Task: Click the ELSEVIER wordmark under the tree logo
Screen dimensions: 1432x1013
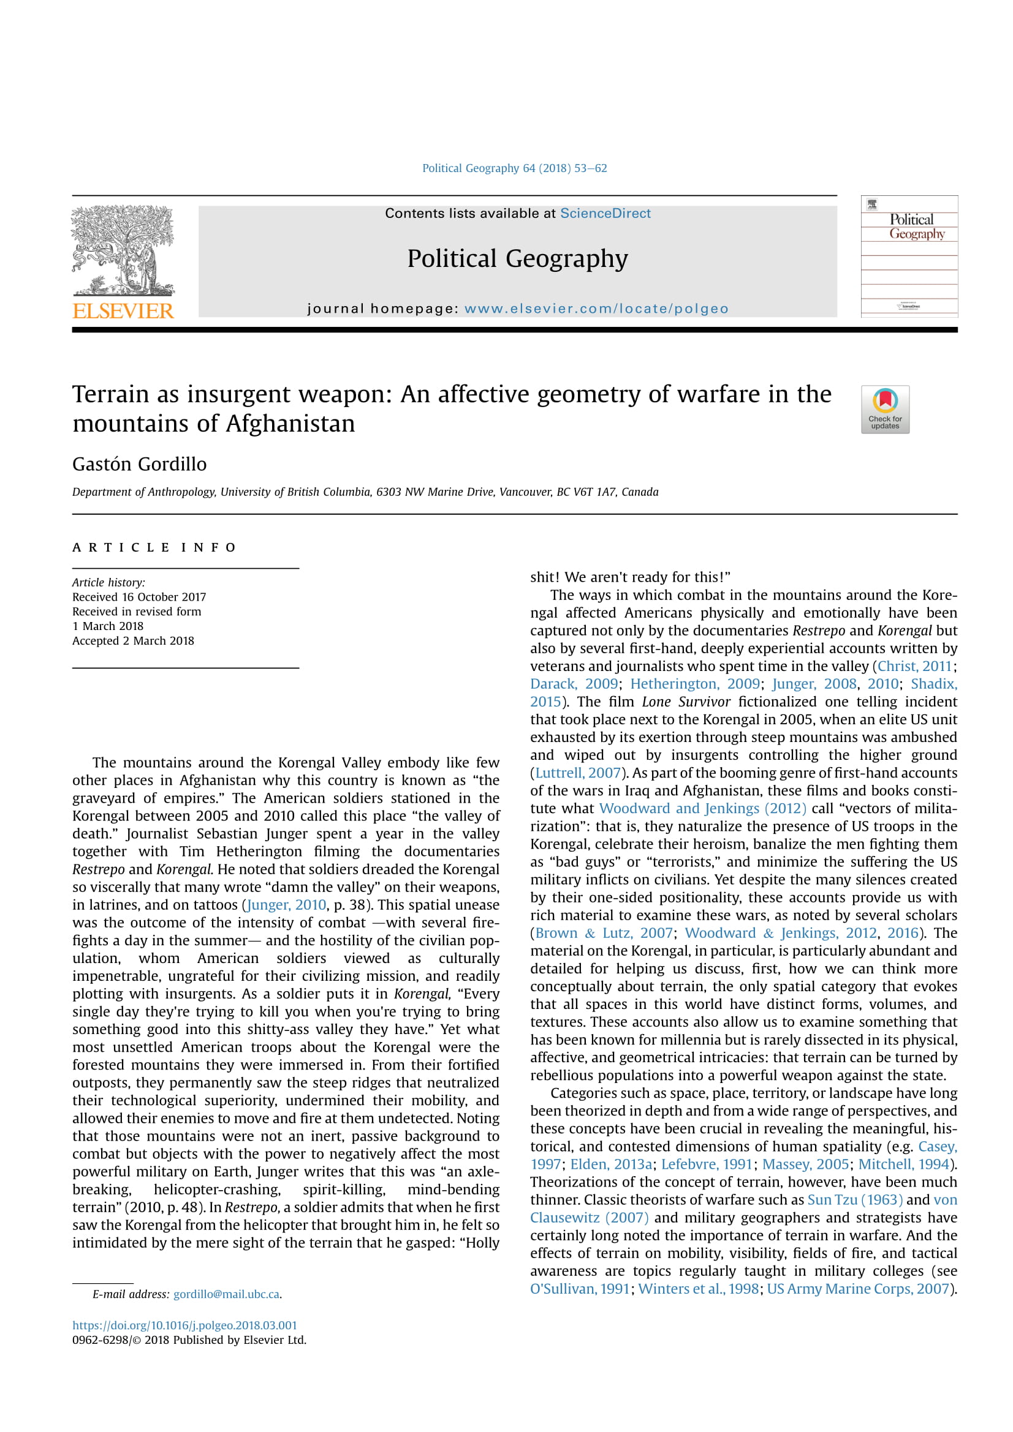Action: click(123, 310)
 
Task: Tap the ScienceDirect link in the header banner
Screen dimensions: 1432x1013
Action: click(605, 213)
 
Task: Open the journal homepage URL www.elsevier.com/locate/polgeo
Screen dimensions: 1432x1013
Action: click(596, 309)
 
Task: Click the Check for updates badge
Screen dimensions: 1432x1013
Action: click(884, 409)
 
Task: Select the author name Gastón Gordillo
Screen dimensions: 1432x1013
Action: click(139, 464)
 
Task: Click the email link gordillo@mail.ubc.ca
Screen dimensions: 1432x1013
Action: click(226, 1294)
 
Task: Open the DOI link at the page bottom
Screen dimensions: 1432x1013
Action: click(184, 1325)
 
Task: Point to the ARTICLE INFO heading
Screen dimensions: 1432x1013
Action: click(154, 547)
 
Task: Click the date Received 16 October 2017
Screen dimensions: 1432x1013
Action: click(139, 597)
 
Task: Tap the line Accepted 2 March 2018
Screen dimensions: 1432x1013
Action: click(133, 640)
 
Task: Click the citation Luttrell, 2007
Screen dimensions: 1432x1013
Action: click(577, 773)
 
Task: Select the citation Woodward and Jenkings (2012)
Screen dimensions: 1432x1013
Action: click(702, 808)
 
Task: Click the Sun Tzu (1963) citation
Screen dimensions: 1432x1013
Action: click(854, 1199)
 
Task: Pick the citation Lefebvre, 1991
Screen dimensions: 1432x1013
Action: click(707, 1164)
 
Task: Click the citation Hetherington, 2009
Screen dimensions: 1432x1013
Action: click(695, 684)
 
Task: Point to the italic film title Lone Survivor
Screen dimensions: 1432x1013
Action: click(686, 702)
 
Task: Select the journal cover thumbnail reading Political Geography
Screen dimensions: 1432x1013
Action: click(909, 257)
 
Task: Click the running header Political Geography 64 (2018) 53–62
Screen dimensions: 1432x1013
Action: click(514, 168)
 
